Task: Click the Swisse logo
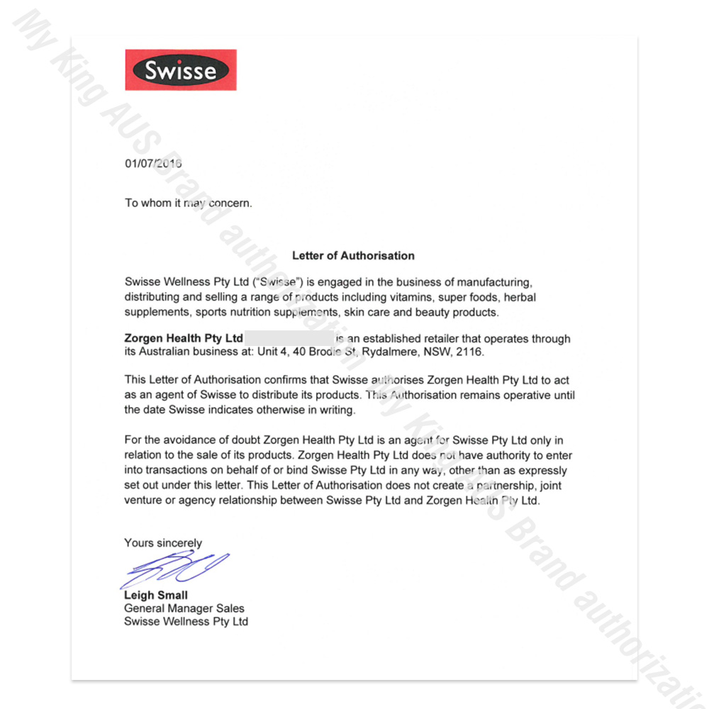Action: click(x=181, y=70)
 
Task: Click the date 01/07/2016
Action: click(x=154, y=163)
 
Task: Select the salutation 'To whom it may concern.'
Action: click(x=188, y=203)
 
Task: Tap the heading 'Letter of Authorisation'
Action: click(x=353, y=255)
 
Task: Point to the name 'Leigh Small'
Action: click(x=156, y=596)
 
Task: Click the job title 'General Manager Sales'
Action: click(x=184, y=608)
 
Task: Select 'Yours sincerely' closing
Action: click(x=163, y=543)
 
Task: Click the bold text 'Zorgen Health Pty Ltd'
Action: click(x=184, y=338)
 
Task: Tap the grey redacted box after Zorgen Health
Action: click(x=289, y=338)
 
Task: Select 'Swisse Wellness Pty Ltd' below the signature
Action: click(x=186, y=622)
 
